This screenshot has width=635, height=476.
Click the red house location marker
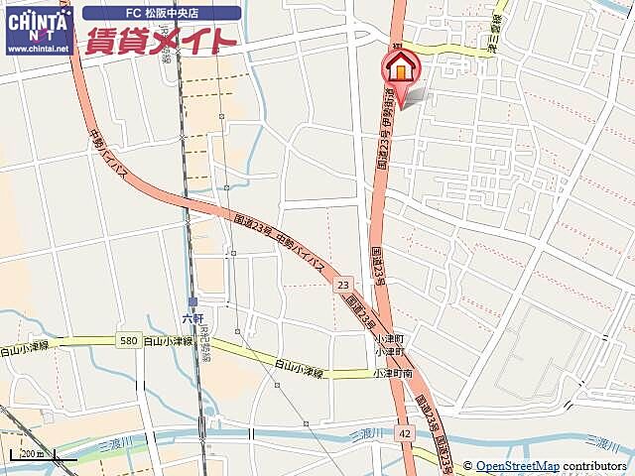pos(401,68)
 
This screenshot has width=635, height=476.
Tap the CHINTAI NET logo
pos(38,22)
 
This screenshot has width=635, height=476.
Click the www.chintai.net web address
pos(38,48)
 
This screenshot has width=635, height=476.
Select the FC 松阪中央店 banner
pos(162,14)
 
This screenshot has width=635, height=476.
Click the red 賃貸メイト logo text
pos(162,41)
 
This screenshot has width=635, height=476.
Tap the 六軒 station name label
pos(192,318)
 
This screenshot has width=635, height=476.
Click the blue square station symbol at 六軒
pos(192,301)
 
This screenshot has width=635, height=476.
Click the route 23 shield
pos(343,285)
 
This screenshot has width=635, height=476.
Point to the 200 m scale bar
pos(40,456)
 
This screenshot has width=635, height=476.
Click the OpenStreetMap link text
pos(517,466)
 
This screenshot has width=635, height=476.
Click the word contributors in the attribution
pos(594,466)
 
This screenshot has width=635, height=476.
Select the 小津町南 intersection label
pos(394,373)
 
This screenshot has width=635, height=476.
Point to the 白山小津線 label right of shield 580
pos(167,341)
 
